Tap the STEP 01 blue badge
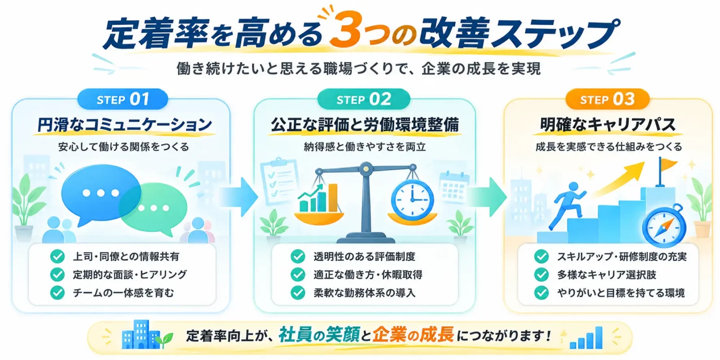pos(123,99)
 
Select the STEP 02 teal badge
pos(364,99)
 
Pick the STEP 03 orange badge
pos(607,99)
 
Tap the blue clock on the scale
pos(412,200)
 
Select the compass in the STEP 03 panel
pos(664,226)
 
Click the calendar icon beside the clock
pos(454,188)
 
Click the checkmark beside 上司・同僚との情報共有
pos(58,256)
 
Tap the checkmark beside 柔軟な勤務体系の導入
pos(298,292)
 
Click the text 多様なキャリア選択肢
pos(607,275)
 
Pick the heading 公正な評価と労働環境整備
pos(365,125)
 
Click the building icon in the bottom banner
pos(140,335)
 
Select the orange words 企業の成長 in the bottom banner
pos(414,335)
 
